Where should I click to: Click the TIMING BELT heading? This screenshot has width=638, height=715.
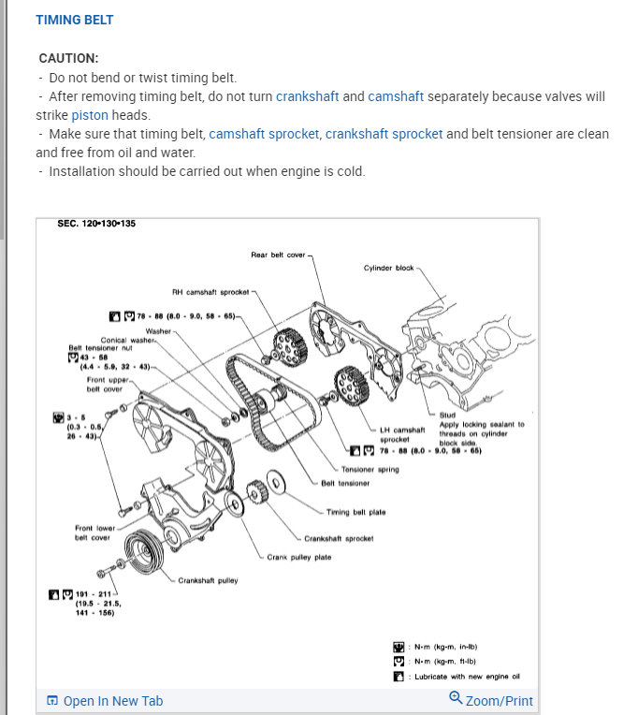[75, 19]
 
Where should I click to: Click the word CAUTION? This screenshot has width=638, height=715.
[68, 58]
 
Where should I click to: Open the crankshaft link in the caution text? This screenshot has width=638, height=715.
[308, 96]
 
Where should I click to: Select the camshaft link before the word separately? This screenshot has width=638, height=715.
[396, 96]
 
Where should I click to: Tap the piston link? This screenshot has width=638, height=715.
[90, 115]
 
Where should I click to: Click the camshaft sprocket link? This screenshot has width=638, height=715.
[264, 134]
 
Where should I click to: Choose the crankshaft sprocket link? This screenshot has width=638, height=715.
[384, 134]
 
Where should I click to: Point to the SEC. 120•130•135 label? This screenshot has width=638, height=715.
[96, 225]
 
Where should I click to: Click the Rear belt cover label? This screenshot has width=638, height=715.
[279, 255]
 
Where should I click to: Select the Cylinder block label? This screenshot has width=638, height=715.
[388, 269]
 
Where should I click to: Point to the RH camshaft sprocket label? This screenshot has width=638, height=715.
[210, 292]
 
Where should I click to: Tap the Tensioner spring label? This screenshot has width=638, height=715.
[370, 470]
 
